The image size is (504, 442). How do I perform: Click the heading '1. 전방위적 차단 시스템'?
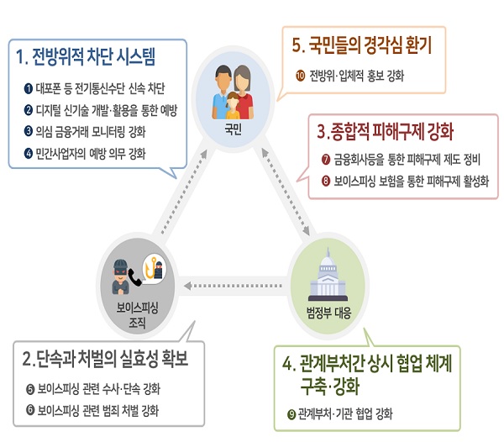tap(97, 58)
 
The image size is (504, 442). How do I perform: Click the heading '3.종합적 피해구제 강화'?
tap(386, 132)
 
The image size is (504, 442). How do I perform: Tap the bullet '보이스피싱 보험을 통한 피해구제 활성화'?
tap(405, 181)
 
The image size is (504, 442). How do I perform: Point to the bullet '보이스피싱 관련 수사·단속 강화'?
tap(98, 389)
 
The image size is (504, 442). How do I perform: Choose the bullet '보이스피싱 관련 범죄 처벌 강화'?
tap(98, 410)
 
